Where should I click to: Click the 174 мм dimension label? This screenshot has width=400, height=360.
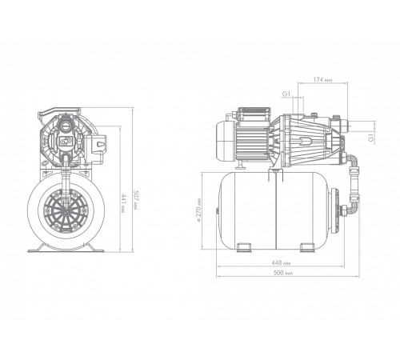click(x=322, y=79)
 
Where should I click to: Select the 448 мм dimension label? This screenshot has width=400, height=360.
click(x=281, y=262)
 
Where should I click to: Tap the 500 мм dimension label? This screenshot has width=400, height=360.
click(x=283, y=273)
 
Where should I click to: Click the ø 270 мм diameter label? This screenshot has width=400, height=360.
click(x=198, y=210)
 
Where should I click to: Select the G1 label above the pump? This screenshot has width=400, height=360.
click(x=286, y=94)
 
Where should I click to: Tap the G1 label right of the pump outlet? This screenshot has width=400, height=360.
click(x=371, y=138)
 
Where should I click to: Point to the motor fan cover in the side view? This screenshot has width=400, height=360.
click(x=225, y=141)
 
